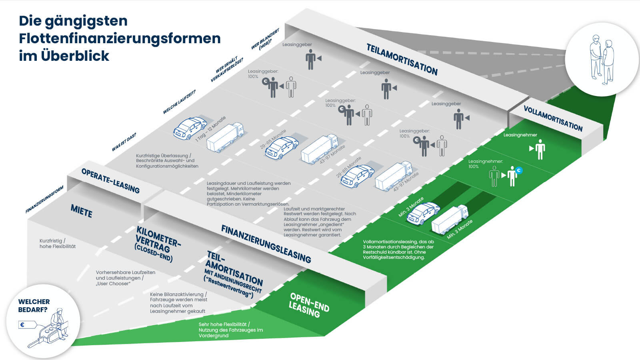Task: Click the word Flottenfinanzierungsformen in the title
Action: (x=120, y=38)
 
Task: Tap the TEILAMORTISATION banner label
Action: (x=402, y=60)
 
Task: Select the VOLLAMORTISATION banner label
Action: (x=553, y=119)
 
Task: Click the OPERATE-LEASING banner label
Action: (x=110, y=181)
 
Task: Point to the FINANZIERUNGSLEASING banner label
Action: (x=266, y=244)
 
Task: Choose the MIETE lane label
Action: (x=82, y=211)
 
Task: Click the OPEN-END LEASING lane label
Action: (x=309, y=305)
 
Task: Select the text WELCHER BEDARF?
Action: (x=34, y=306)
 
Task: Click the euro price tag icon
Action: (x=23, y=325)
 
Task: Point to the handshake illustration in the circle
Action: (x=602, y=60)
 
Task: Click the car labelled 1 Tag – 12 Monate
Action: (x=190, y=128)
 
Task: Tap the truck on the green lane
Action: (x=450, y=219)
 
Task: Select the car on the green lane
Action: (x=423, y=213)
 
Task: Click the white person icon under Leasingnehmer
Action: (x=540, y=149)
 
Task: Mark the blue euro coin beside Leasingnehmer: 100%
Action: (x=519, y=170)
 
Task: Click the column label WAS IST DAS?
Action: (x=124, y=142)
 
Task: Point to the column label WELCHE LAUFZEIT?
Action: (x=179, y=102)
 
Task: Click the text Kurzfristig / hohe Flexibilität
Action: (x=58, y=244)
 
